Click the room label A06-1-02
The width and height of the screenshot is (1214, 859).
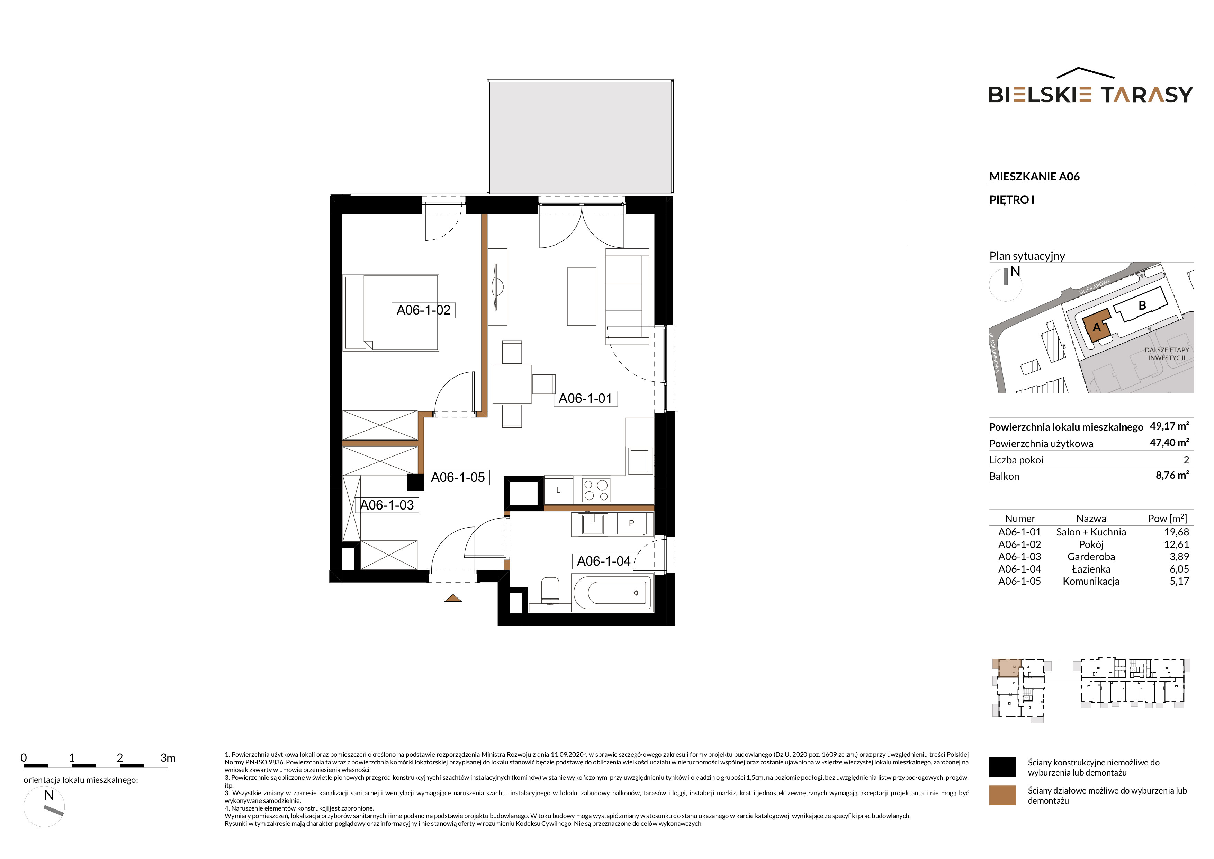pos(423,310)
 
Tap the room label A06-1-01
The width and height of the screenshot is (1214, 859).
pos(585,398)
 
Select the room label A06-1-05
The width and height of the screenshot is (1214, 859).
pos(458,477)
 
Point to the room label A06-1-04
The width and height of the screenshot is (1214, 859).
pos(604,561)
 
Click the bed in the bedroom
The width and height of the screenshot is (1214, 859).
pos(391,313)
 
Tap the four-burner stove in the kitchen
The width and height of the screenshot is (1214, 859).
pos(596,490)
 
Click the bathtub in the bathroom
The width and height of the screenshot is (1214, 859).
pos(613,593)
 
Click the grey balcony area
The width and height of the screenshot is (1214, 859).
pos(580,136)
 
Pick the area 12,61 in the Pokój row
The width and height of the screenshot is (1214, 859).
pos(1177,544)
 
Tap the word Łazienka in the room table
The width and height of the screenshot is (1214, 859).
pos(1091,569)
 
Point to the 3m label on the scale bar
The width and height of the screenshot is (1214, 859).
pos(168,758)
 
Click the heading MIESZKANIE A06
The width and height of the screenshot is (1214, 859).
pos(1034,177)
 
